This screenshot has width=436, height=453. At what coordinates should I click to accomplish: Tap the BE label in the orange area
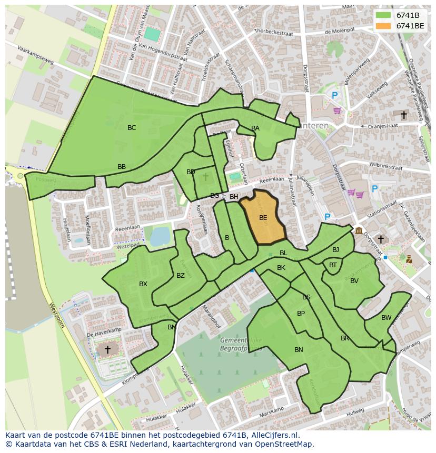point(263,217)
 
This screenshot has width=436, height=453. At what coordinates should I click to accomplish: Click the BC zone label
point(132,128)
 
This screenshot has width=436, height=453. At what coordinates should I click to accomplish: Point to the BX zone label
point(143,284)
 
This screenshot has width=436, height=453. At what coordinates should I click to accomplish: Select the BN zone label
point(299,350)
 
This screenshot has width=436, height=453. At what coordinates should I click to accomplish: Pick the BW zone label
point(387,318)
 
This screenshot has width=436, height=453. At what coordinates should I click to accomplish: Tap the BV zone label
point(354,281)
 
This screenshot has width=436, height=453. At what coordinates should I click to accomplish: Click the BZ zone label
point(181,276)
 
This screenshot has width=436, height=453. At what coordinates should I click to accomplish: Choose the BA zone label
point(255,128)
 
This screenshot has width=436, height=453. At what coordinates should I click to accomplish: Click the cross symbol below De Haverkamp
point(107,349)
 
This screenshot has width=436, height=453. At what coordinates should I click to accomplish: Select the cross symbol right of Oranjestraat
point(404,115)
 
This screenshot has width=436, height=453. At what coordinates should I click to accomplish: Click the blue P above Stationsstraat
point(374,189)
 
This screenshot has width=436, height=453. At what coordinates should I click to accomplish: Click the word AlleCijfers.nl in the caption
point(273,435)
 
